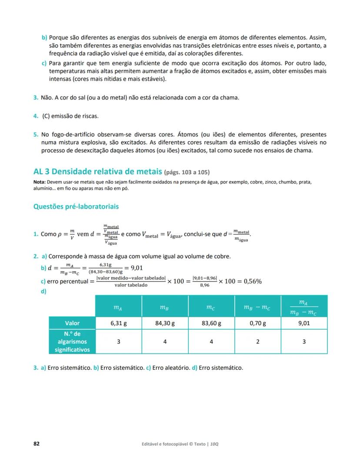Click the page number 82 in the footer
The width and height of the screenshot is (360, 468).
37,444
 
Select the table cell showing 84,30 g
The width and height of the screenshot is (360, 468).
165,323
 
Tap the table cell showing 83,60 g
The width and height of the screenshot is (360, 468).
211,323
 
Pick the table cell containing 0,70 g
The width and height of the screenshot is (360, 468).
258,323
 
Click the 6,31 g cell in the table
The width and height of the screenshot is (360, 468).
118,323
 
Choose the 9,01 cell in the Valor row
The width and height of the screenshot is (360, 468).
304,323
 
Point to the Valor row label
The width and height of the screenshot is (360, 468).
72,323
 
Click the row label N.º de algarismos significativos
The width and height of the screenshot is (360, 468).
72,342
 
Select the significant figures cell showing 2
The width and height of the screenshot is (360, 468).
258,342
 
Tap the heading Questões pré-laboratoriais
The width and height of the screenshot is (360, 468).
76,206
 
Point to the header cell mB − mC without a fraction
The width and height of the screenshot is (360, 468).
258,308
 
